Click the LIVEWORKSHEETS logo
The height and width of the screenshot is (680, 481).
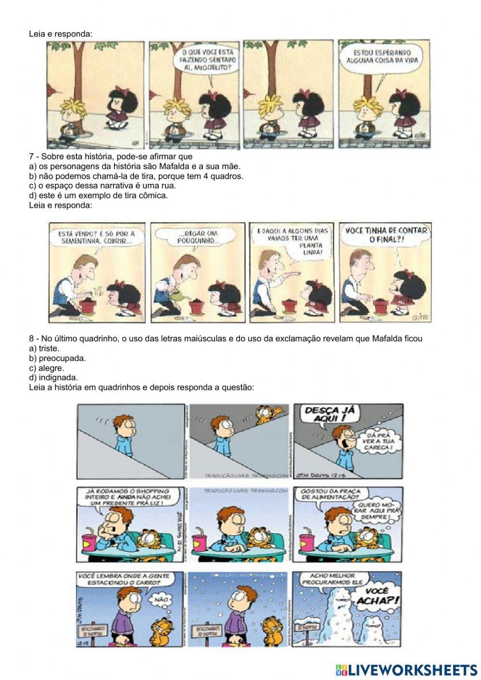pyautogui.click(x=406, y=669)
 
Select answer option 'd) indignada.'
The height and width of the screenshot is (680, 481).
pyautogui.click(x=53, y=378)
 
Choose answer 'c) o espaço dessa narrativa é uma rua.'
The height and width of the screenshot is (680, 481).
pyautogui.click(x=102, y=186)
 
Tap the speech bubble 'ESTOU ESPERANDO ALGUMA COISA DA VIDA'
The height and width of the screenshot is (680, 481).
pyautogui.click(x=382, y=57)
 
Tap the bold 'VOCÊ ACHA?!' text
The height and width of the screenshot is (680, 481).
pyautogui.click(x=377, y=596)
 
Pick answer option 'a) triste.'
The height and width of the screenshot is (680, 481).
pyautogui.click(x=44, y=348)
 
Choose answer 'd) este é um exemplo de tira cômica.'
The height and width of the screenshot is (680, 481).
pyautogui.click(x=99, y=195)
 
